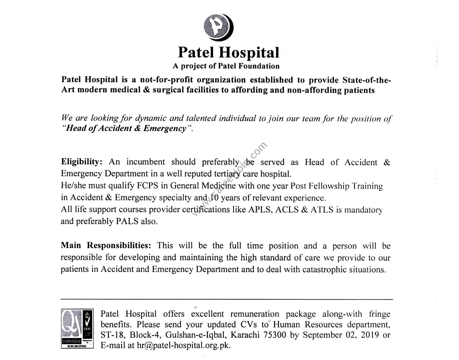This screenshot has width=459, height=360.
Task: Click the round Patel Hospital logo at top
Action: [218, 27]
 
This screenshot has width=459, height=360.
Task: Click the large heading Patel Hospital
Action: [228, 52]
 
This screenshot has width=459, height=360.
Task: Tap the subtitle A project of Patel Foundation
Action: [226, 66]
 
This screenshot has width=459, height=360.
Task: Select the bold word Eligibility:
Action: [82, 162]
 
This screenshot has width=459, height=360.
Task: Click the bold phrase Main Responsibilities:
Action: [106, 245]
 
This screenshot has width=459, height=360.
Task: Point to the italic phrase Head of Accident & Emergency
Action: [126, 128]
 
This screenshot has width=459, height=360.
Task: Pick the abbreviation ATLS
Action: [322, 210]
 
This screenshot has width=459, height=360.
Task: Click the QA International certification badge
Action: [77, 328]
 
